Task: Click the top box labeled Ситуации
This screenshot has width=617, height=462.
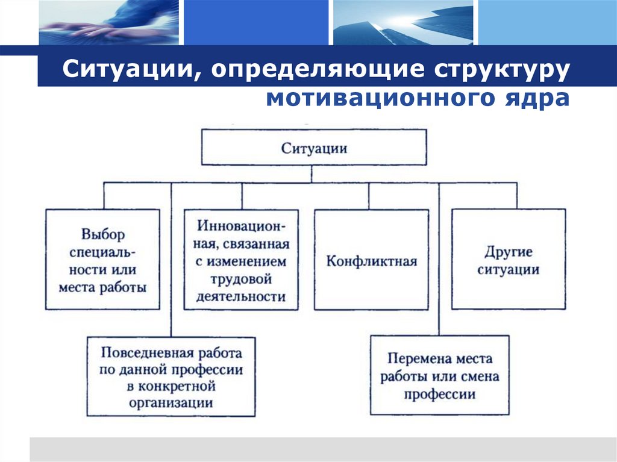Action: point(313,148)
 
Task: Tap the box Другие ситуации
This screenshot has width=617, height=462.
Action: point(508,260)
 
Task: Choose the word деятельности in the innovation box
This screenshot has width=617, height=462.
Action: point(240,296)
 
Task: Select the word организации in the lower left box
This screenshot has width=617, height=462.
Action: point(171,402)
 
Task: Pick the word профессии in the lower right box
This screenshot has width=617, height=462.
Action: point(439,395)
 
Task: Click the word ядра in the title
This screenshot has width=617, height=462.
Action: point(543,98)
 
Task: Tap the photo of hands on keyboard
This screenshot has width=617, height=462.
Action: point(109,22)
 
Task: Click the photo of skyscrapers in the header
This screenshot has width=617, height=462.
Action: point(403,22)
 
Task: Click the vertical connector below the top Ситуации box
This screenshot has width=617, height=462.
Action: point(311,173)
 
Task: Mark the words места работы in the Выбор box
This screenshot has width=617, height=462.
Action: point(102,287)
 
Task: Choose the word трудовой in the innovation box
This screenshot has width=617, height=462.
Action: point(240,279)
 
